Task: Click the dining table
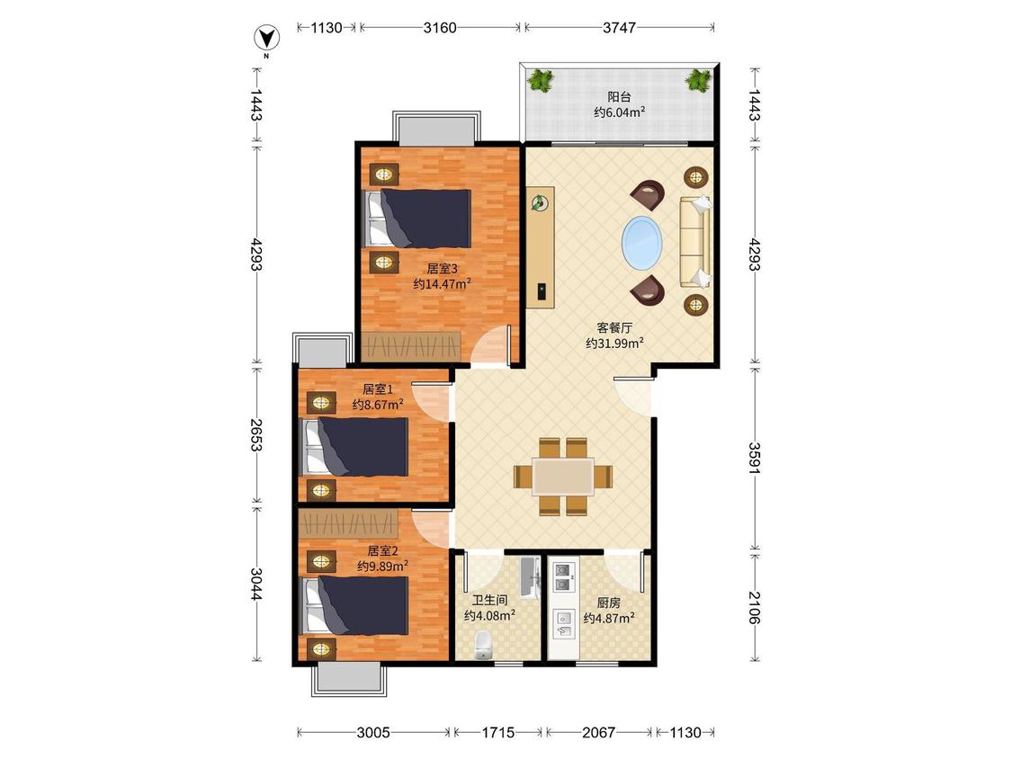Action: tap(563, 477)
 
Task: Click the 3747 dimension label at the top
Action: tap(619, 27)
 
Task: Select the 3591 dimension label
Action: tap(755, 458)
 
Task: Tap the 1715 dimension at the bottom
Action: tap(498, 732)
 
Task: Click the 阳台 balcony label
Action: tap(619, 97)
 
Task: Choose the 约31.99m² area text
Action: tap(614, 344)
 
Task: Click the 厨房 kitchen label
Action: tap(609, 603)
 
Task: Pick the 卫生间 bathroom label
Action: tap(489, 600)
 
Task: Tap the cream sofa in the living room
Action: tap(695, 242)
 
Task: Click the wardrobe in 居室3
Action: tap(411, 346)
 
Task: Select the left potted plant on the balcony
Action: tap(541, 81)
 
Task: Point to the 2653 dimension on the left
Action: tap(256, 435)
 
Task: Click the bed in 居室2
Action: tap(355, 605)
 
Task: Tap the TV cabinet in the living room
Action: tap(541, 247)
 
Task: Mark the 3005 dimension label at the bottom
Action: tap(373, 732)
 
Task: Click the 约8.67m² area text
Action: tap(378, 405)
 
